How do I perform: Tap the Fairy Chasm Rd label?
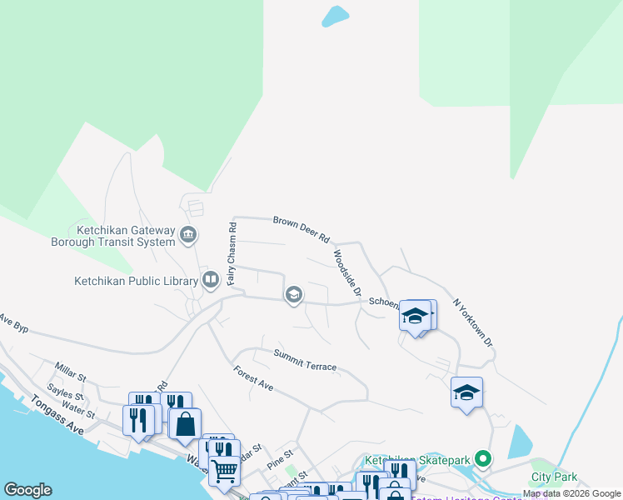pyautogui.click(x=233, y=253)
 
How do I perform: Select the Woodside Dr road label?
pyautogui.click(x=346, y=272)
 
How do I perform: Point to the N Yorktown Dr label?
pyautogui.click(x=473, y=323)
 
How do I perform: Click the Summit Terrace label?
pyautogui.click(x=306, y=361)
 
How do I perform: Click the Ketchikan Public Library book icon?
pyautogui.click(x=211, y=280)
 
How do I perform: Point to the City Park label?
pyautogui.click(x=554, y=477)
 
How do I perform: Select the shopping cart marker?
pyautogui.click(x=224, y=470)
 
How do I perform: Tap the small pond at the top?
pyautogui.click(x=335, y=16)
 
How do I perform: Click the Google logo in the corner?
pyautogui.click(x=27, y=490)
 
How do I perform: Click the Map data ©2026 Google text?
pyautogui.click(x=572, y=494)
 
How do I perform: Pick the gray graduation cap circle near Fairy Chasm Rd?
pyautogui.click(x=293, y=294)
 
